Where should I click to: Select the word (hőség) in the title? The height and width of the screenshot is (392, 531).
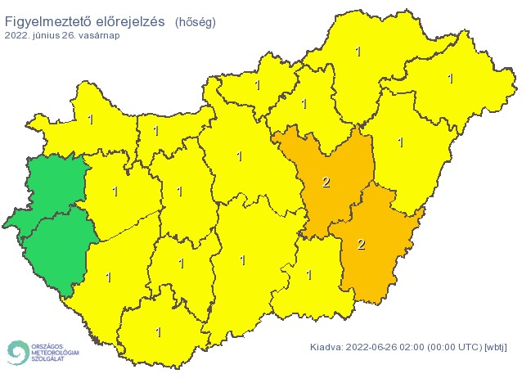click(195, 23)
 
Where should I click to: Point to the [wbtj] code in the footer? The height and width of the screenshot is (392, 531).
click(495, 347)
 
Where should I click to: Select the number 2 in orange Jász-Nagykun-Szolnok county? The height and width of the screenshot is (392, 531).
click(326, 182)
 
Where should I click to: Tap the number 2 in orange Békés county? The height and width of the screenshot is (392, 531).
click(362, 244)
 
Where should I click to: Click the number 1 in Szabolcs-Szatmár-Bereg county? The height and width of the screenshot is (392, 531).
click(450, 79)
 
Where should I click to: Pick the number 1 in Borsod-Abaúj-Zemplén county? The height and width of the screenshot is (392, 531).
click(358, 52)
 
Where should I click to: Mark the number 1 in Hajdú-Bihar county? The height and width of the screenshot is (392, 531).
click(400, 142)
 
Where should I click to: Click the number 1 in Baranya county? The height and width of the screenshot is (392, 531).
click(158, 332)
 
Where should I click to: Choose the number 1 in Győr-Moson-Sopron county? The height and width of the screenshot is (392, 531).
click(90, 119)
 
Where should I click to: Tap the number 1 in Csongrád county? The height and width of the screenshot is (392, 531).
click(308, 275)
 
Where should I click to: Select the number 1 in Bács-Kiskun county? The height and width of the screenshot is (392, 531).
click(242, 260)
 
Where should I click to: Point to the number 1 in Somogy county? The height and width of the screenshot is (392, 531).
click(108, 277)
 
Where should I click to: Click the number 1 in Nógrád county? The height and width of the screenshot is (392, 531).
click(257, 84)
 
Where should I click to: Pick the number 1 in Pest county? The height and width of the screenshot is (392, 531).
click(240, 155)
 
